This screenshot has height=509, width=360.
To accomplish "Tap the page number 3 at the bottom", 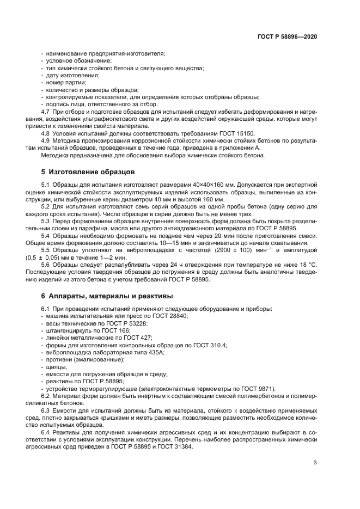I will [315, 463].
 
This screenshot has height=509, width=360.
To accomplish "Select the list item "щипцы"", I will [55, 366].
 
